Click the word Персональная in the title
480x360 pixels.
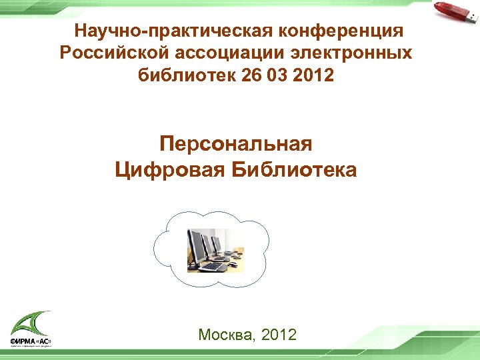236,143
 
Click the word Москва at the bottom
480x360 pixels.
223,335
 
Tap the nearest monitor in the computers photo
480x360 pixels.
198,246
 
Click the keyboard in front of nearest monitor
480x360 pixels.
213,266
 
